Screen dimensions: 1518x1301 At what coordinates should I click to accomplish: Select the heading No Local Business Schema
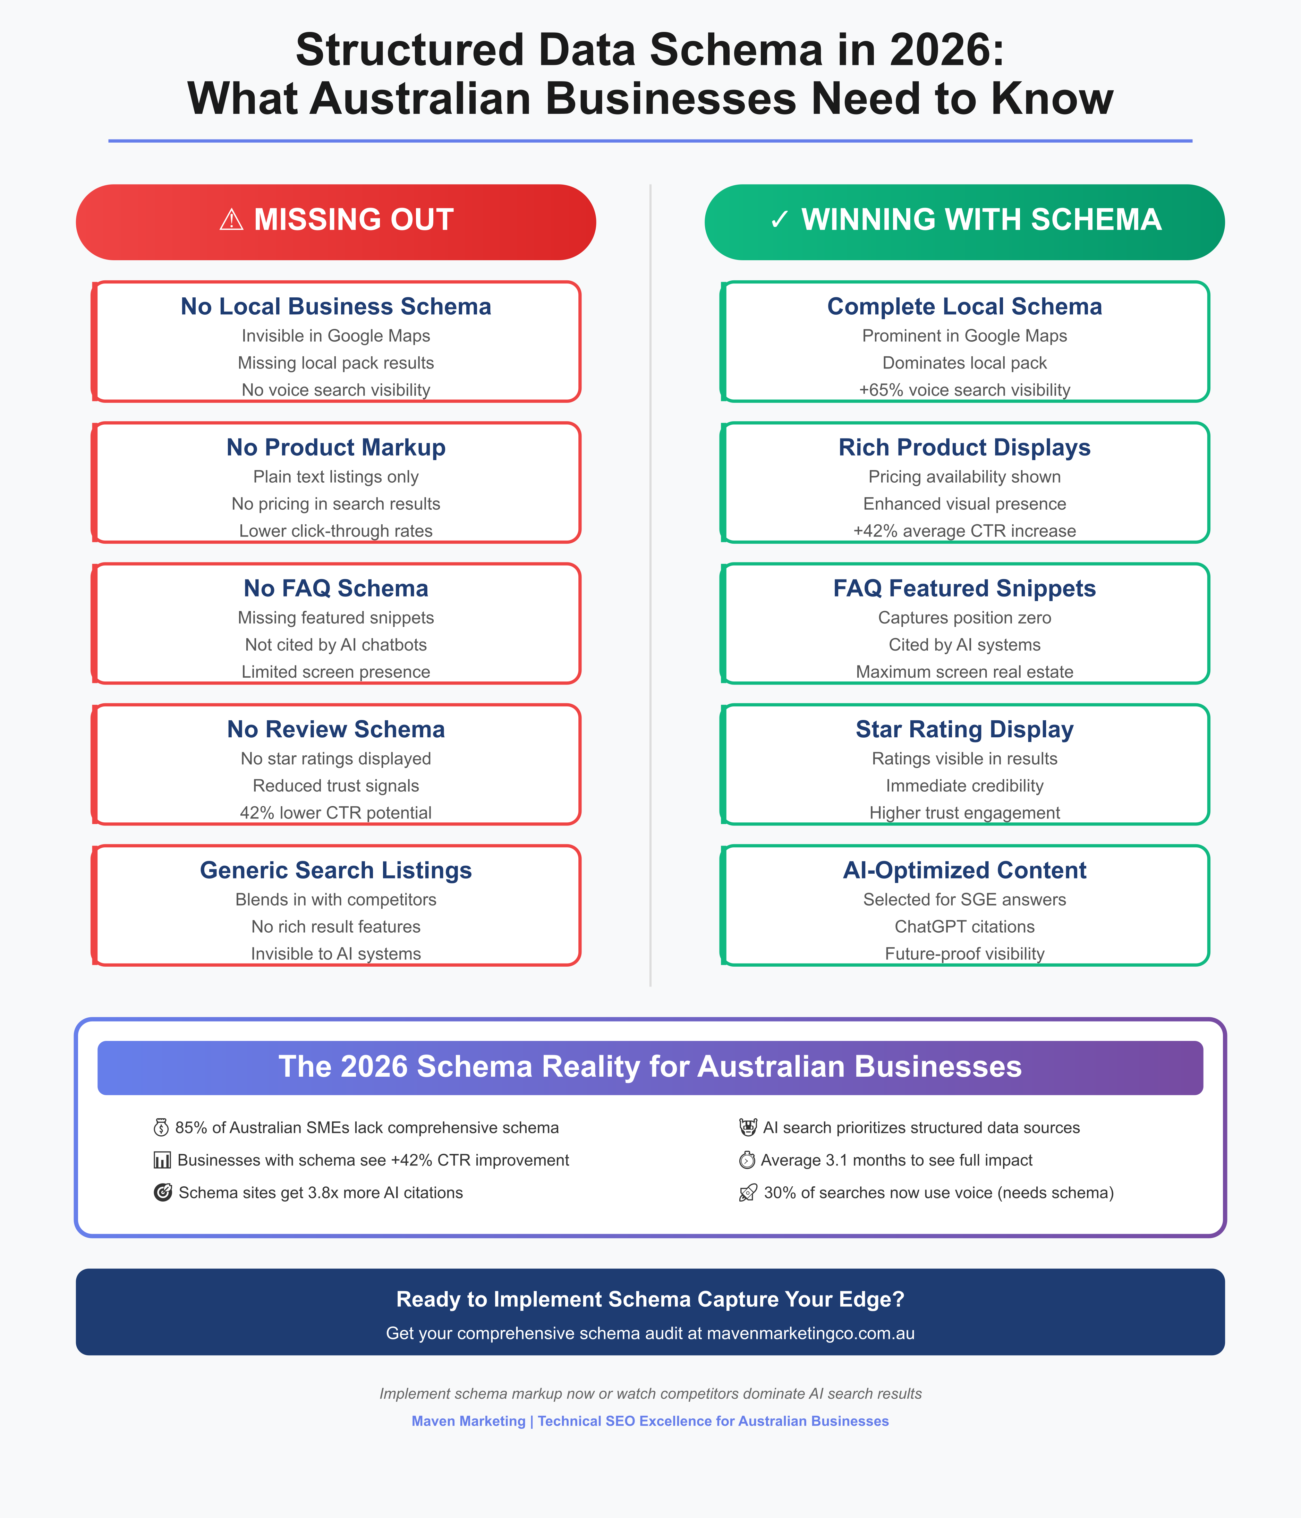pyautogui.click(x=335, y=306)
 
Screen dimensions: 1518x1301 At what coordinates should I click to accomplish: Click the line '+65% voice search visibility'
pyautogui.click(x=964, y=390)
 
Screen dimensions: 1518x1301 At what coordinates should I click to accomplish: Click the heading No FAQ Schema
pyautogui.click(x=335, y=588)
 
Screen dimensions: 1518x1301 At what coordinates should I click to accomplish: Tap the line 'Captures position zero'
pyautogui.click(x=964, y=618)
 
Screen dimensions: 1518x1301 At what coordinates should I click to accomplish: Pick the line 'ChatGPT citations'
pyautogui.click(x=964, y=927)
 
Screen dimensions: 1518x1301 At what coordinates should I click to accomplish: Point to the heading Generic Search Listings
pyautogui.click(x=335, y=870)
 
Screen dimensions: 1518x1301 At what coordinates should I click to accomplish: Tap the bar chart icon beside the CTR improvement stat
pyautogui.click(x=162, y=1161)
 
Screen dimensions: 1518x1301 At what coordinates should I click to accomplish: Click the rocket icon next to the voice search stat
pyautogui.click(x=747, y=1194)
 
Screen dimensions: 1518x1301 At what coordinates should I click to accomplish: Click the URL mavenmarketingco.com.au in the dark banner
pyautogui.click(x=810, y=1333)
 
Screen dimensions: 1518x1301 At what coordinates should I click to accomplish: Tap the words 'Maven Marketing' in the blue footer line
pyautogui.click(x=468, y=1421)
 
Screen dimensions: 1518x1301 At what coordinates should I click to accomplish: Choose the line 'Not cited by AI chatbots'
pyautogui.click(x=335, y=645)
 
